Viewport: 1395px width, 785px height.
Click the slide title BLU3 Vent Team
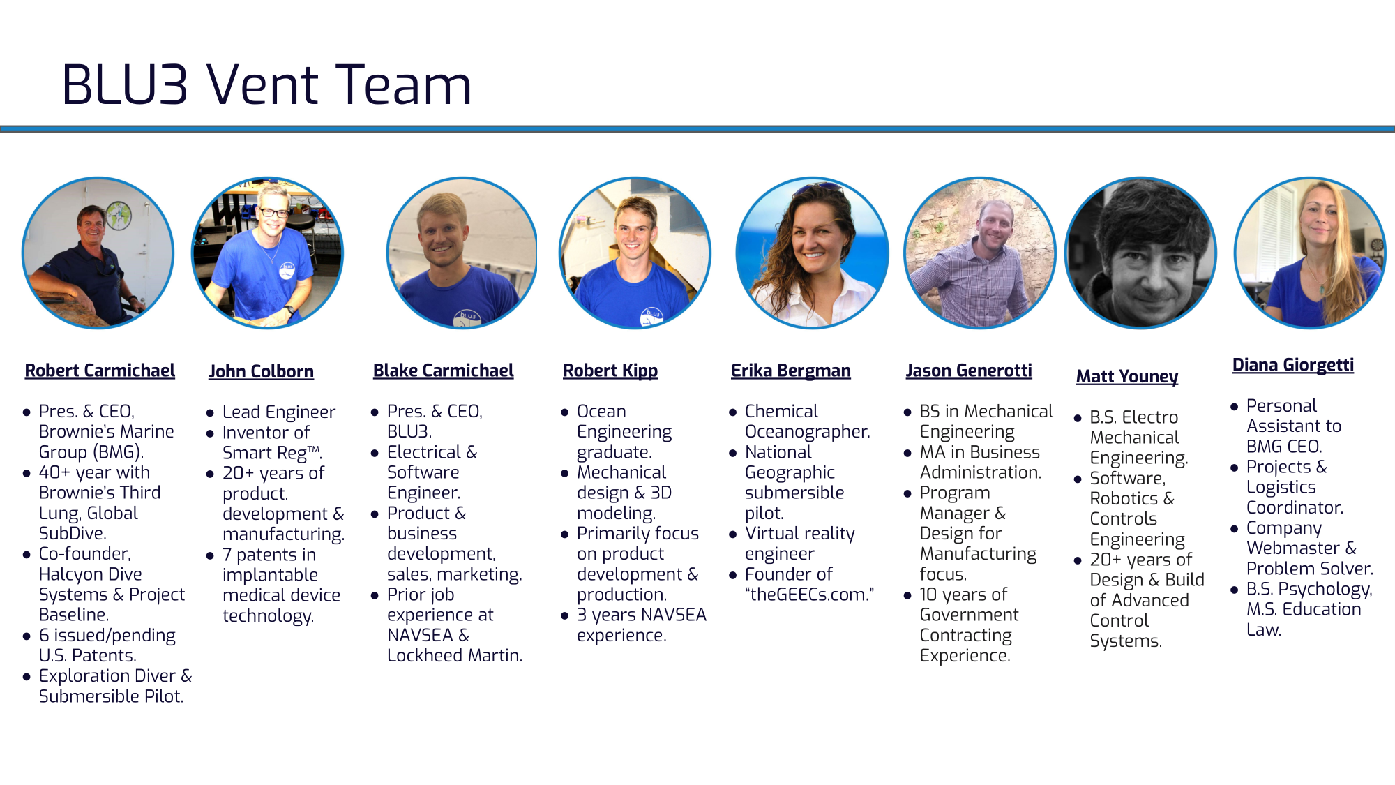point(267,85)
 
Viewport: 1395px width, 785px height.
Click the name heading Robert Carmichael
point(100,371)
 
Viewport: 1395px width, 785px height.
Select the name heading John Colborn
point(261,371)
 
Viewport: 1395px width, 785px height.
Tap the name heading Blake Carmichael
point(443,371)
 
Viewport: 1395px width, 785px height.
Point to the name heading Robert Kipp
point(610,371)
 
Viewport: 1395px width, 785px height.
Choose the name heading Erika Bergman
point(790,371)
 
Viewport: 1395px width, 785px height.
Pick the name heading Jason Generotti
point(969,371)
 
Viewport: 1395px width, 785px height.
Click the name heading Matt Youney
point(1127,377)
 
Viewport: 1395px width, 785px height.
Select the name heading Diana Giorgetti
point(1293,365)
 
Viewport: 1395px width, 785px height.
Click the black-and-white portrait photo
point(1141,253)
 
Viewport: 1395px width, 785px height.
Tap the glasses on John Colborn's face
point(274,212)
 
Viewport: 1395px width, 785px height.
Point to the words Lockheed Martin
point(454,656)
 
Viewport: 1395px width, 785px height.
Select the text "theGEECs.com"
point(809,595)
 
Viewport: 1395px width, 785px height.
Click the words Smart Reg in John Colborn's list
point(264,453)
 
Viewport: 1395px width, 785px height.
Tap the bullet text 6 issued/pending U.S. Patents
point(107,645)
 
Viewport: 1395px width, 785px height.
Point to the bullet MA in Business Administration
point(980,463)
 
